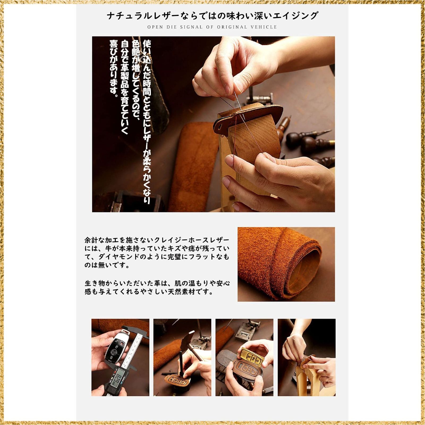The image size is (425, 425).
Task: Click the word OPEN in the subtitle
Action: point(155,27)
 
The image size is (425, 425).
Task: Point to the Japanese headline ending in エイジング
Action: point(212,15)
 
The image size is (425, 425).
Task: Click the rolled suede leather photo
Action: point(286,264)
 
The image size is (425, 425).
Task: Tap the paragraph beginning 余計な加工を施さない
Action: point(157,253)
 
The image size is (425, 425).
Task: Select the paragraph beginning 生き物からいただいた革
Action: point(157,287)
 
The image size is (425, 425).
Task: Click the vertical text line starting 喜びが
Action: point(114,67)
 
